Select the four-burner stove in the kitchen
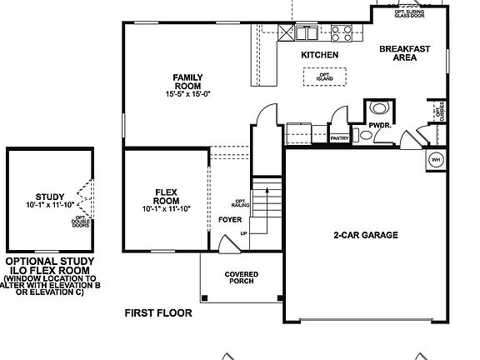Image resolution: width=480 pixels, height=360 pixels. (341, 33)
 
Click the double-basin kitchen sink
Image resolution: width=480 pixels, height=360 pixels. (304, 33)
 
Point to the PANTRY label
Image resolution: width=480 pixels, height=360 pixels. (338, 139)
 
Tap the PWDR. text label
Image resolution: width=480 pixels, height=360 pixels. (379, 126)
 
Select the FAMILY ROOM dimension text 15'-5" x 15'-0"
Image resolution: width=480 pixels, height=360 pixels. (187, 94)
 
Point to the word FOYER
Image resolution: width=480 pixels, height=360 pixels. (230, 220)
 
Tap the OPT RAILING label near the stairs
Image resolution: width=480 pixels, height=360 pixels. (239, 202)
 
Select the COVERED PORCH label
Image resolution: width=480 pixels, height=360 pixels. (241, 278)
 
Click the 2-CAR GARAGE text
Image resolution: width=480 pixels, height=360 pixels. (365, 235)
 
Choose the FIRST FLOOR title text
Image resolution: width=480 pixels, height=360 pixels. (158, 313)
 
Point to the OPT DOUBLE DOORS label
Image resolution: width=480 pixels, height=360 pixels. (80, 221)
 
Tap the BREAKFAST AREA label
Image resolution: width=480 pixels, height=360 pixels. (404, 54)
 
